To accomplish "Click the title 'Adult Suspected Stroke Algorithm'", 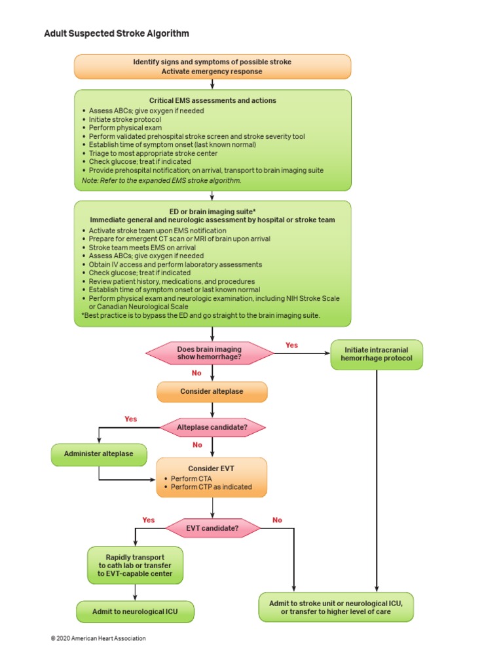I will (x=116, y=33).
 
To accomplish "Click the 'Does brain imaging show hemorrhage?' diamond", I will (x=210, y=354).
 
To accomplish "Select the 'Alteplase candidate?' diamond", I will (x=212, y=428).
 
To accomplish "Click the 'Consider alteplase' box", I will (x=212, y=392).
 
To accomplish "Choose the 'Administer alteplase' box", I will (x=99, y=454).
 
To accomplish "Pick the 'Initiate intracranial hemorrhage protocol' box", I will (x=377, y=355).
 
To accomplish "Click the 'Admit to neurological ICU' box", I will (x=135, y=612).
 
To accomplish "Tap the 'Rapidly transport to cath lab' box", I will (x=135, y=566).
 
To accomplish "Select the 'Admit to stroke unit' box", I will (x=336, y=607).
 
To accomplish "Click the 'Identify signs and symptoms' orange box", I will (x=212, y=66).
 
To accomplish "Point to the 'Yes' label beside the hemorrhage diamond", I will (x=291, y=345).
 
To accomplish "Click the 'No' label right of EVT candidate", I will (x=277, y=520).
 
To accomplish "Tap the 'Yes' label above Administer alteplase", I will (x=131, y=419).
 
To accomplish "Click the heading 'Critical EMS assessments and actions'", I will (x=212, y=101).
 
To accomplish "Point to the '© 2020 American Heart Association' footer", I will (x=98, y=638).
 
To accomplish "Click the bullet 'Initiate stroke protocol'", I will (x=124, y=119).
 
